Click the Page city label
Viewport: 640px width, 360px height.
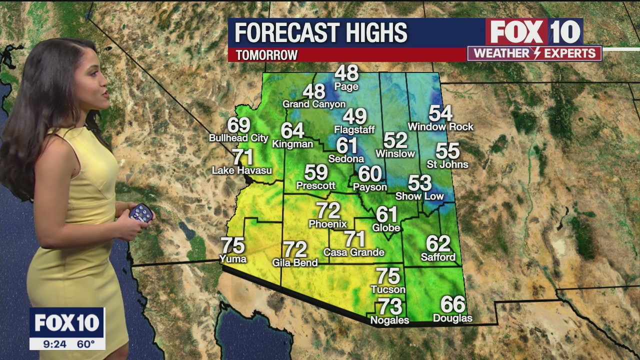[346, 87]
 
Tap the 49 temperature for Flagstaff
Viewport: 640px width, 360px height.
[354, 116]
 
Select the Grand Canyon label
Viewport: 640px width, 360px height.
[314, 104]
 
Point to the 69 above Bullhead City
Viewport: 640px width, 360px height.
[238, 125]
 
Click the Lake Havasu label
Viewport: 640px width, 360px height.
[242, 171]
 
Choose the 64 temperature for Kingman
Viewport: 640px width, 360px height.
[292, 130]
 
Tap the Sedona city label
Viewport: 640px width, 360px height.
[346, 159]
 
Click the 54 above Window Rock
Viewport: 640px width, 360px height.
[440, 113]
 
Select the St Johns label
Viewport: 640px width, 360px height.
[447, 164]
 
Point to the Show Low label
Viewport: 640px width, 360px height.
[419, 196]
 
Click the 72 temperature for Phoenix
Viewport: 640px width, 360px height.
[328, 210]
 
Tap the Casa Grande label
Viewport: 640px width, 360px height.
[354, 252]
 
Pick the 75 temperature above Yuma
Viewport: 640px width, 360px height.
[233, 245]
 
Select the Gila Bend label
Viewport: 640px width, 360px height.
[295, 262]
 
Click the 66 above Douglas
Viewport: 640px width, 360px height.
[452, 304]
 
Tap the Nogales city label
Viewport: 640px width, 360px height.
[389, 320]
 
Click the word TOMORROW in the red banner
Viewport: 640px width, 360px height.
[266, 55]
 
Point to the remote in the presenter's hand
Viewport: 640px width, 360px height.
[141, 213]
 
